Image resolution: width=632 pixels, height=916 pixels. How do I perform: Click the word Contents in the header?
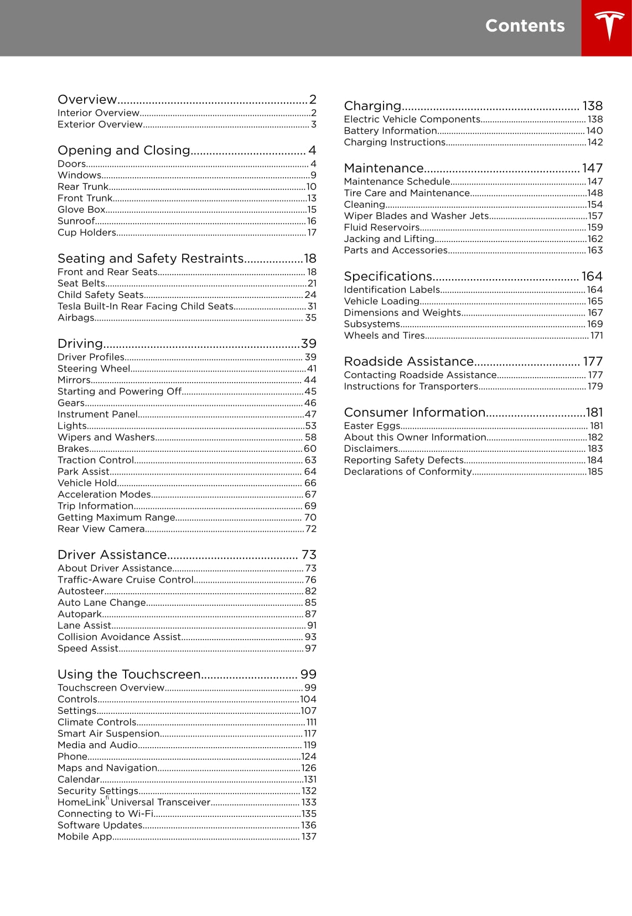(x=525, y=26)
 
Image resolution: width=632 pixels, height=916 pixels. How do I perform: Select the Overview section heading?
(x=87, y=100)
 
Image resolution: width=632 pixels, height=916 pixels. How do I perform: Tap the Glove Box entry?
(x=81, y=210)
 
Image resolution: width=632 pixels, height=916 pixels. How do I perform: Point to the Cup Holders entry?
(x=87, y=233)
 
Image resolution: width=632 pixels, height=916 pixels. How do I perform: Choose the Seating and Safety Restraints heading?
(x=151, y=259)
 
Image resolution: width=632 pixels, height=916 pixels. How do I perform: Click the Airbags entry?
(x=76, y=318)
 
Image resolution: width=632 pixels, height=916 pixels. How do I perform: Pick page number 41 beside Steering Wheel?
(x=312, y=369)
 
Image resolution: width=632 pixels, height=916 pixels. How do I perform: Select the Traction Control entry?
(x=96, y=460)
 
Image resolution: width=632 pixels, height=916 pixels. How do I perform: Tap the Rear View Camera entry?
(x=101, y=529)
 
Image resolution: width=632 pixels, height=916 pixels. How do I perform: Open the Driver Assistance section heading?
(x=112, y=555)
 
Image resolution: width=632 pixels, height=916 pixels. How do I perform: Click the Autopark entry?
(x=80, y=614)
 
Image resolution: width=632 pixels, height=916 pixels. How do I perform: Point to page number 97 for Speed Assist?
(x=310, y=649)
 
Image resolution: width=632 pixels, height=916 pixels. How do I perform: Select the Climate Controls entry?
(x=97, y=722)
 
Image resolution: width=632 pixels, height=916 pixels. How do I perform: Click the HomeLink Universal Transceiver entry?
(x=134, y=802)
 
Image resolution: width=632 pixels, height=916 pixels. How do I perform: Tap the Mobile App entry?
(x=85, y=837)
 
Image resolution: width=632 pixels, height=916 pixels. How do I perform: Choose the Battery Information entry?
(x=390, y=131)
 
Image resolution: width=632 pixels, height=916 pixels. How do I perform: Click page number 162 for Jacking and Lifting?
(x=595, y=239)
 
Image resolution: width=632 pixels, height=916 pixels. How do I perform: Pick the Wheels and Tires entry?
(x=384, y=336)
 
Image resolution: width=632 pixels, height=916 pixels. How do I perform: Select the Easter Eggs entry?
(x=372, y=426)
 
